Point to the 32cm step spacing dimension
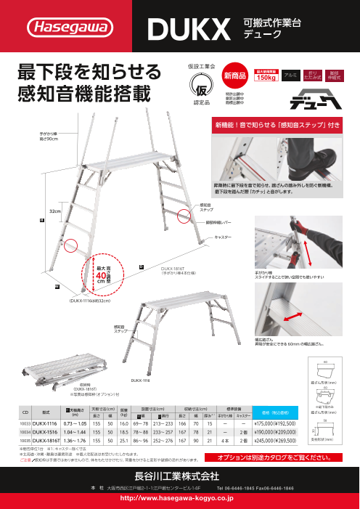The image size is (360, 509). [54, 211]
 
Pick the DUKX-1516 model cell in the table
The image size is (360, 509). [45, 432]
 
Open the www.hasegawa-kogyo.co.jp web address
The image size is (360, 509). [179, 499]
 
